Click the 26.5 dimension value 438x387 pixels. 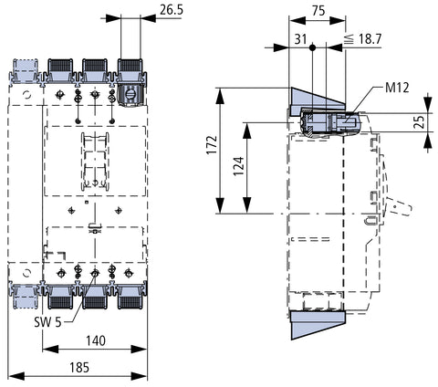[x=172, y=9]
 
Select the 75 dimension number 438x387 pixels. [x=318, y=11]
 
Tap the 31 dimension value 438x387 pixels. [x=300, y=39]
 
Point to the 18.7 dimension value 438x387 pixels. [x=370, y=39]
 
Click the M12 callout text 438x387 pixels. [x=397, y=88]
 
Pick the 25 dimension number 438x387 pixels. [x=421, y=122]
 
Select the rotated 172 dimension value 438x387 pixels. [x=212, y=144]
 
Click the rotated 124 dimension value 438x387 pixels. [x=239, y=166]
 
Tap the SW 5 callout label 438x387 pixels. [x=47, y=322]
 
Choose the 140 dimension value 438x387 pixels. [x=96, y=340]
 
